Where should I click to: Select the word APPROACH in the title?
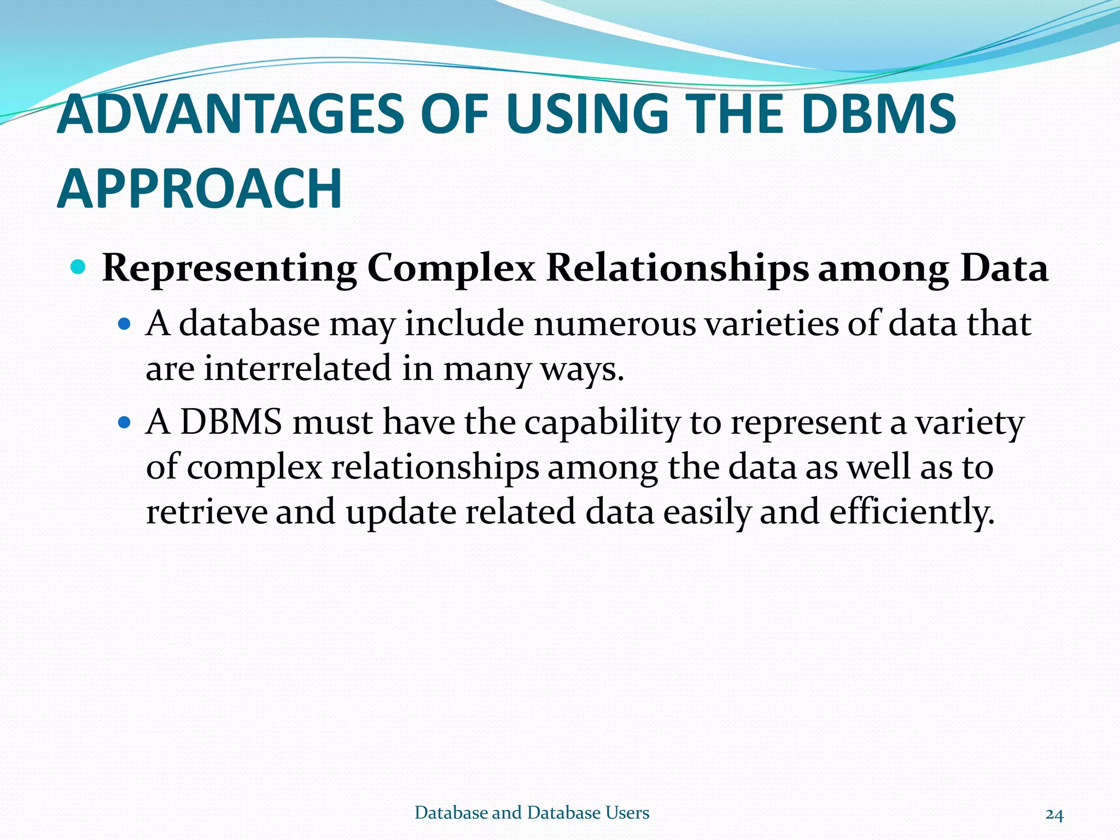[x=200, y=189]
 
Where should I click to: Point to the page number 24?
[x=1054, y=814]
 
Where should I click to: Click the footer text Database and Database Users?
[x=532, y=813]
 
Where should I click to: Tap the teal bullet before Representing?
[x=79, y=267]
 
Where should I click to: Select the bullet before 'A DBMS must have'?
[x=125, y=423]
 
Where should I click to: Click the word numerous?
[x=615, y=324]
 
